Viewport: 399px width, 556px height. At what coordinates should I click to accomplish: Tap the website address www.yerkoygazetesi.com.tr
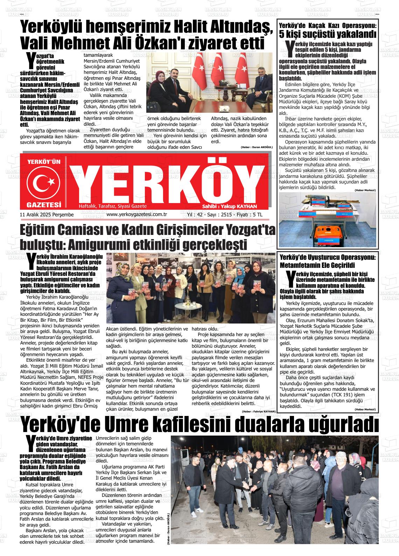[x=136, y=214]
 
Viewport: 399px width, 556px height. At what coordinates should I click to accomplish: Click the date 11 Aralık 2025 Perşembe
[x=47, y=214]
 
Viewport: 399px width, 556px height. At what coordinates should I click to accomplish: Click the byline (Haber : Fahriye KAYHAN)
[x=258, y=411]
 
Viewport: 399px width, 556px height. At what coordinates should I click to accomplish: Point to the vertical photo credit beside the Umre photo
[x=168, y=524]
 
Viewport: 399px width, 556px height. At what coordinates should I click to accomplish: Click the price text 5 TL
[x=265, y=214]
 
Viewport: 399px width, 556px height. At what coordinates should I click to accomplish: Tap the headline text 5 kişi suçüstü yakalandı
[x=328, y=34]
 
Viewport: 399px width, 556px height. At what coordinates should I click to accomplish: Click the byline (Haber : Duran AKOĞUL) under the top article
[x=257, y=147]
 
